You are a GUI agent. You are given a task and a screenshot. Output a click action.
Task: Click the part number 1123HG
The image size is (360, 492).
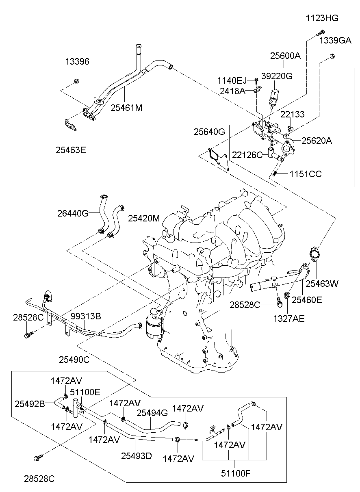pos(322,18)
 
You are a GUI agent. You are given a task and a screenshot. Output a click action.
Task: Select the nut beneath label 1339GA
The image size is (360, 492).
pos(332,56)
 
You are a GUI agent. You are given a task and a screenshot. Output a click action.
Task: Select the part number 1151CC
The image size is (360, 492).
pos(305,174)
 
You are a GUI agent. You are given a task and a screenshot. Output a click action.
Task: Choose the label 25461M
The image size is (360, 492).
pos(126,108)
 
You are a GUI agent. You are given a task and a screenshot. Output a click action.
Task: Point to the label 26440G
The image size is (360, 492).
pos(73,213)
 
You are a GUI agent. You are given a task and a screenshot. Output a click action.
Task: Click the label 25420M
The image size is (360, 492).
pos(144,218)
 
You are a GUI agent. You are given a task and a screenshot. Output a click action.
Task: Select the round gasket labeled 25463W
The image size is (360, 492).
pos(314,254)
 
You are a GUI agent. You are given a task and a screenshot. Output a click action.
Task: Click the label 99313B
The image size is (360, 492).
pos(86,316)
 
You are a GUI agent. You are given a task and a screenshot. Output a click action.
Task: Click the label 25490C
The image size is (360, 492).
pos(74,360)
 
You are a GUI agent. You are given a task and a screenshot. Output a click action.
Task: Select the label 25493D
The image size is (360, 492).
pos(136,456)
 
